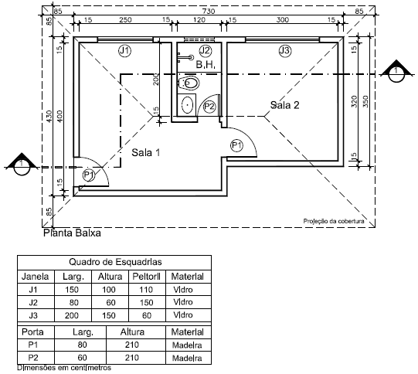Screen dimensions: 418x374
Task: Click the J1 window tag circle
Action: point(124,50)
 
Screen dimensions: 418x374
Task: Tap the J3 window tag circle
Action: point(285,50)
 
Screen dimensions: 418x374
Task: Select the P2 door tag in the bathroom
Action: point(209,107)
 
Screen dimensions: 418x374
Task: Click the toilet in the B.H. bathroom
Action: point(189,83)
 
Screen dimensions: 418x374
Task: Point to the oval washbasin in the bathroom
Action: point(188,104)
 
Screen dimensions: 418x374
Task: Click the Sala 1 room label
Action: point(146,152)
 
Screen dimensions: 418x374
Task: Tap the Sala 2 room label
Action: point(284,105)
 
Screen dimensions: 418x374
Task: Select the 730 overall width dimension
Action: point(209,11)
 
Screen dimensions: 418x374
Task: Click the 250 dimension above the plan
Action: point(125,20)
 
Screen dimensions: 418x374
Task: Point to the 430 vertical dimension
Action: point(49,116)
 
